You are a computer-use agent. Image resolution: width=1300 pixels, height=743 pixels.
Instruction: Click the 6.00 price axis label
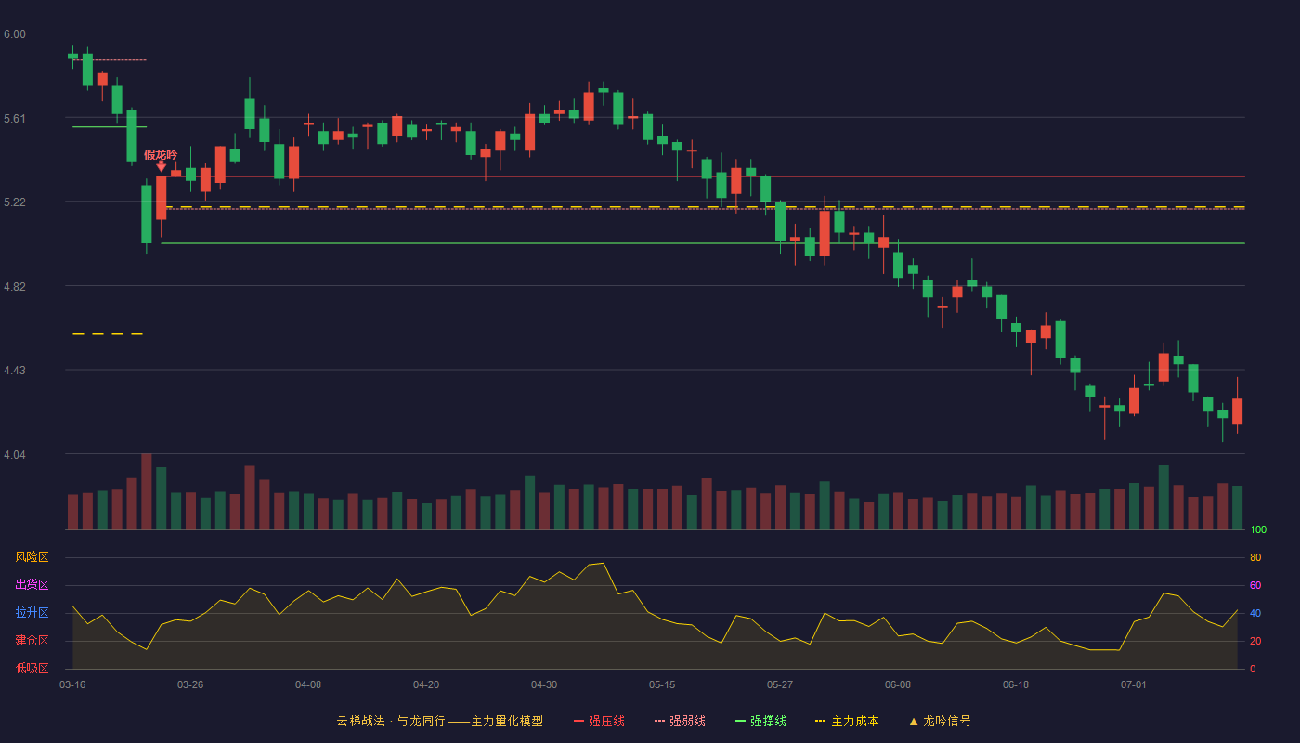pyautogui.click(x=15, y=34)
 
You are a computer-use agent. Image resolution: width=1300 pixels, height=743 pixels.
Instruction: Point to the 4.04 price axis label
pyautogui.click(x=15, y=454)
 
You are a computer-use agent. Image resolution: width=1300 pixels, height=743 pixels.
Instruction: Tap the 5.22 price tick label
pyautogui.click(x=15, y=202)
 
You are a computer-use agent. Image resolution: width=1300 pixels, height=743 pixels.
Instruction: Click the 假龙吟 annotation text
pyautogui.click(x=161, y=154)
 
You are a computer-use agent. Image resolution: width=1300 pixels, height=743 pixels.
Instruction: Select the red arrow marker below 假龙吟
pyautogui.click(x=162, y=167)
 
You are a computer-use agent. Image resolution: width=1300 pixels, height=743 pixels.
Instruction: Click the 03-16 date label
pyautogui.click(x=72, y=685)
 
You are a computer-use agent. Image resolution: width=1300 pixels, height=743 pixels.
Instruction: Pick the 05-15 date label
pyautogui.click(x=662, y=685)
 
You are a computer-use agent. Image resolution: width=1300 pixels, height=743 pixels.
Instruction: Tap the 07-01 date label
pyautogui.click(x=1134, y=685)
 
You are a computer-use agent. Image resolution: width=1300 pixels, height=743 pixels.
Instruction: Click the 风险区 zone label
pyautogui.click(x=32, y=557)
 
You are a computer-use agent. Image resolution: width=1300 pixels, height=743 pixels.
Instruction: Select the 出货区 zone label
pyautogui.click(x=32, y=584)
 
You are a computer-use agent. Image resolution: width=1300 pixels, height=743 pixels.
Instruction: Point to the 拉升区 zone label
pyautogui.click(x=32, y=612)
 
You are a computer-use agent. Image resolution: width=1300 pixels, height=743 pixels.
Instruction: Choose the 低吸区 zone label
pyautogui.click(x=32, y=668)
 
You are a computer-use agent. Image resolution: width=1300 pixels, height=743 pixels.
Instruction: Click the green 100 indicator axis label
pyautogui.click(x=1258, y=529)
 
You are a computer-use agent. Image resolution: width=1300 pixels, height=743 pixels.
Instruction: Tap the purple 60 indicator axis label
pyautogui.click(x=1255, y=585)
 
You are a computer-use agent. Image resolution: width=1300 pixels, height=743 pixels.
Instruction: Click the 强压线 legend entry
pyautogui.click(x=599, y=721)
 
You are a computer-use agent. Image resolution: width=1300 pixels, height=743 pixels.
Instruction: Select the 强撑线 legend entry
pyautogui.click(x=760, y=721)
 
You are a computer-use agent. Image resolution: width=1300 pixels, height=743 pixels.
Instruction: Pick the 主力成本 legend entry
pyautogui.click(x=847, y=721)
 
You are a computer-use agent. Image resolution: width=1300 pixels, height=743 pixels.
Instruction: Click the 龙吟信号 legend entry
pyautogui.click(x=940, y=721)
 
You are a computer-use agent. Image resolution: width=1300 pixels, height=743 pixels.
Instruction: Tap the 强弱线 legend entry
pyautogui.click(x=680, y=721)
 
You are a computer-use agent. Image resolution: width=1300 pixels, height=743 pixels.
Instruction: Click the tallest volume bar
pyautogui.click(x=147, y=491)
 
